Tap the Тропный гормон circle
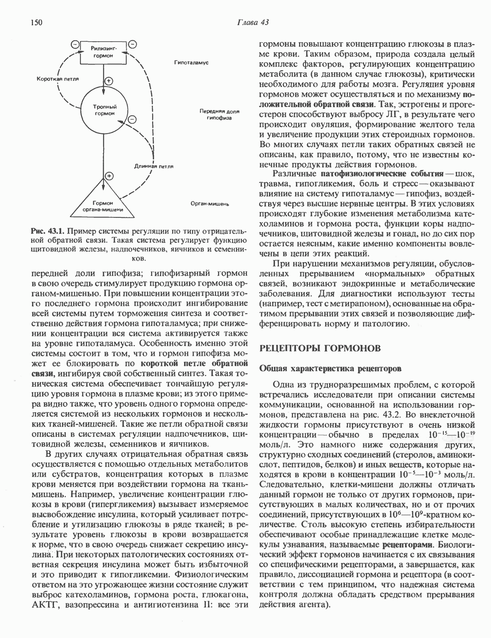(104, 109)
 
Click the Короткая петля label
(58, 78)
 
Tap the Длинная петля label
(154, 166)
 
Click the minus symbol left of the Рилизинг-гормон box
(75, 45)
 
